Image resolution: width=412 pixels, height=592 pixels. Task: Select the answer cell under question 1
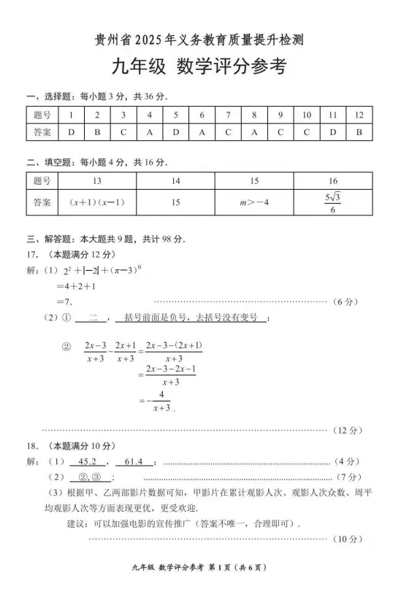coord(71,132)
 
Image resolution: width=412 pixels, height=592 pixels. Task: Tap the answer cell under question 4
coord(149,132)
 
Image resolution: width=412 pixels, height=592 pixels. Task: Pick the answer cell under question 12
coord(359,132)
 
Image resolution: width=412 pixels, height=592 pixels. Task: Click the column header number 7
coord(228,115)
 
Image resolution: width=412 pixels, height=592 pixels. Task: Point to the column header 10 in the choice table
coord(306,115)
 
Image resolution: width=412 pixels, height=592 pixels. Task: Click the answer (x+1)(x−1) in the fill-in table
coord(97,202)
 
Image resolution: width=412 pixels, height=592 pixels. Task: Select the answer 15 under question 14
coord(175,202)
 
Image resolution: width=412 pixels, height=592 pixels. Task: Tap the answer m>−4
coord(254,202)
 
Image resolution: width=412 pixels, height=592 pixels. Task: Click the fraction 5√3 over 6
coord(333,202)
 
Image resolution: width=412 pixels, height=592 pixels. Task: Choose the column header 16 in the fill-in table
coord(333,180)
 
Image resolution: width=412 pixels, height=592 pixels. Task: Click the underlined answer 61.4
coord(139,461)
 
